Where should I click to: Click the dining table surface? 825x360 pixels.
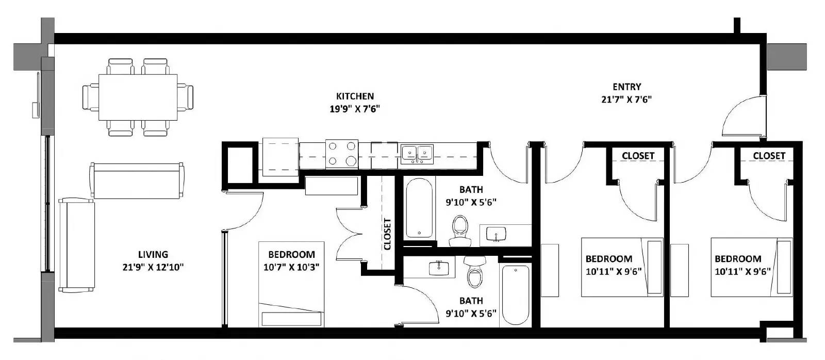138,97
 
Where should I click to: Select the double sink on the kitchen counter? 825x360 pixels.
417,153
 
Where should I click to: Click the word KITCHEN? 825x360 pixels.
355,96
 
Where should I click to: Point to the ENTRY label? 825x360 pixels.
626,87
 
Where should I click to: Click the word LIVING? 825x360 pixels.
153,254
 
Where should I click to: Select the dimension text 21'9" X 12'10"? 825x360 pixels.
153,267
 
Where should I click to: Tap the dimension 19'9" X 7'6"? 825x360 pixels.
355,109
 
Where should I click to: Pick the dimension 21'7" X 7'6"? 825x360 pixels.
626,100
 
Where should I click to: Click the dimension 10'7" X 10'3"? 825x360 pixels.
291,267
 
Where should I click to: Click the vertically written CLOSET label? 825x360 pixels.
387,234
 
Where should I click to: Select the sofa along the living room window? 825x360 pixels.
77,245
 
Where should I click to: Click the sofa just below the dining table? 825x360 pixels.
138,181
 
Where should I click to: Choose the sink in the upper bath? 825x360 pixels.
497,235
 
